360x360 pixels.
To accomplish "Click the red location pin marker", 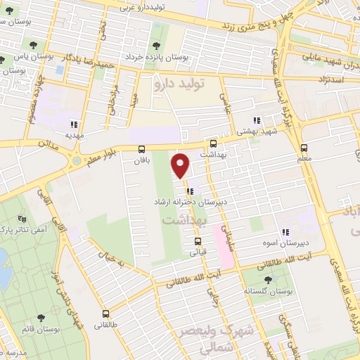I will click(x=181, y=165).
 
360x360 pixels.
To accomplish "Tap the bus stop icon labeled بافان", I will click(x=142, y=149).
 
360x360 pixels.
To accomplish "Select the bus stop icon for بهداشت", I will click(x=213, y=143).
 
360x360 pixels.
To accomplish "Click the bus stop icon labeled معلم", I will click(x=304, y=148).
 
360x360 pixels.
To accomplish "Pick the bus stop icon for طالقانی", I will click(x=106, y=314).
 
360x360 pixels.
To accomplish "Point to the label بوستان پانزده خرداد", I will click(x=152, y=56).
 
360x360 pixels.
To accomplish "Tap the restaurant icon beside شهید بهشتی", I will click(x=257, y=120).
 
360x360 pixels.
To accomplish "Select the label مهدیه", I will click(x=75, y=133).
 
